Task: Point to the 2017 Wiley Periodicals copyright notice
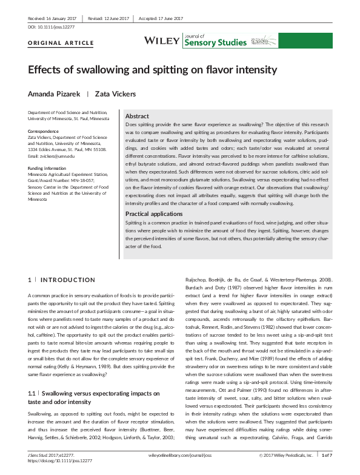(285, 454)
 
